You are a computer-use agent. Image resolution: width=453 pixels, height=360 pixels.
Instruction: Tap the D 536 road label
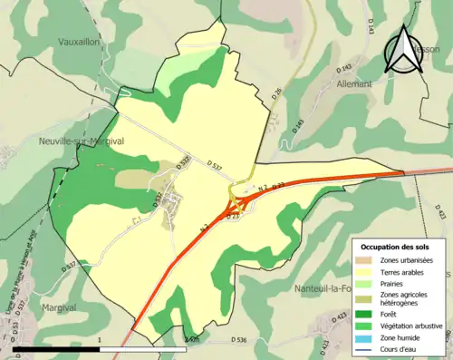coord(237,339)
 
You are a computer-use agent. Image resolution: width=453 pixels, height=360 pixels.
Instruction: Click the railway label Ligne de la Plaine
coord(30,272)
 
